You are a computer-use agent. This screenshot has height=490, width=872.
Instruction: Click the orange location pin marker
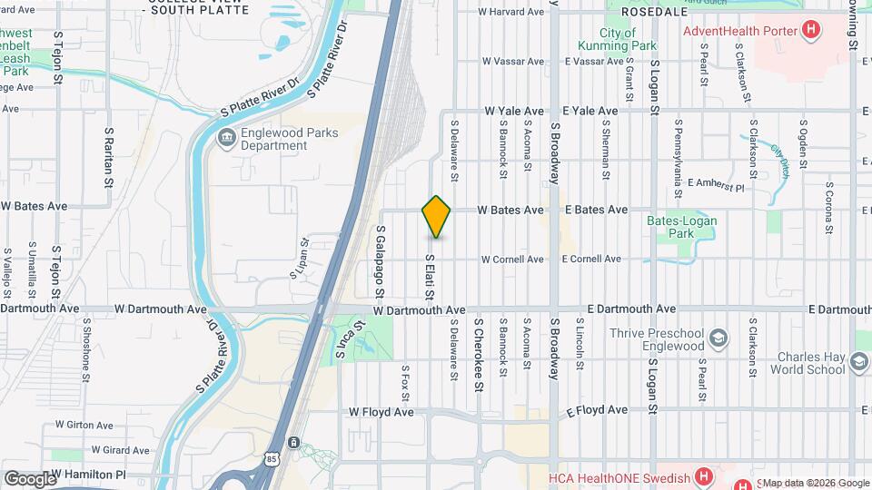point(436,216)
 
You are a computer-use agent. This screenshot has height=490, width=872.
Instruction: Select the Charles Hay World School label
point(808,363)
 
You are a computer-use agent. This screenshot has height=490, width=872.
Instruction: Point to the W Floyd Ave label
point(381,412)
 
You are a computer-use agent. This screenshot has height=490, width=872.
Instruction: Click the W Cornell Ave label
point(512,259)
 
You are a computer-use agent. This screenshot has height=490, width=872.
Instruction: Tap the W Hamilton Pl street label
point(87,474)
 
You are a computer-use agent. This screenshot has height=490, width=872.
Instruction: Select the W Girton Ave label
point(84,425)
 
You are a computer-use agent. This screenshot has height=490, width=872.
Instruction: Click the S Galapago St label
point(381,261)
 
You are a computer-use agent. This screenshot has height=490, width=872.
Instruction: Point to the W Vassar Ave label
point(513,62)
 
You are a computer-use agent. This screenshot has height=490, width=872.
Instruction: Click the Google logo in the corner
point(30,478)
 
